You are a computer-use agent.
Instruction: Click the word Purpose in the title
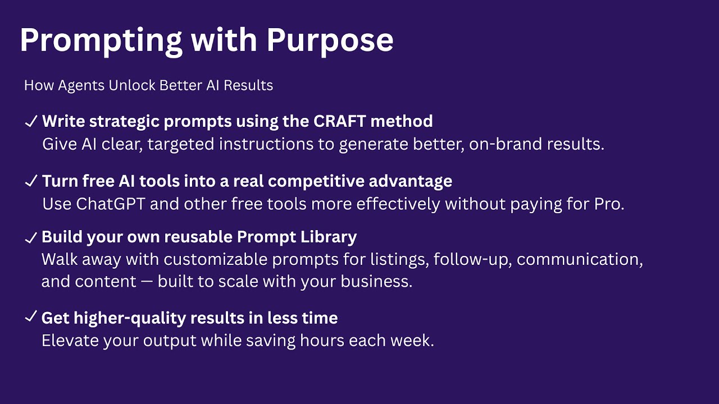[x=330, y=40]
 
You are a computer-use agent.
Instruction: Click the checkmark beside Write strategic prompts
[x=31, y=121]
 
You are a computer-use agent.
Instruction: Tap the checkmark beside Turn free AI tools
[x=31, y=181]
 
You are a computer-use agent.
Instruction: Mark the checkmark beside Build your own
[x=31, y=237]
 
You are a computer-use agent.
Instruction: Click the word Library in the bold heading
[x=331, y=237]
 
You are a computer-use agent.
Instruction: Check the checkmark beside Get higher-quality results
[x=31, y=318]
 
